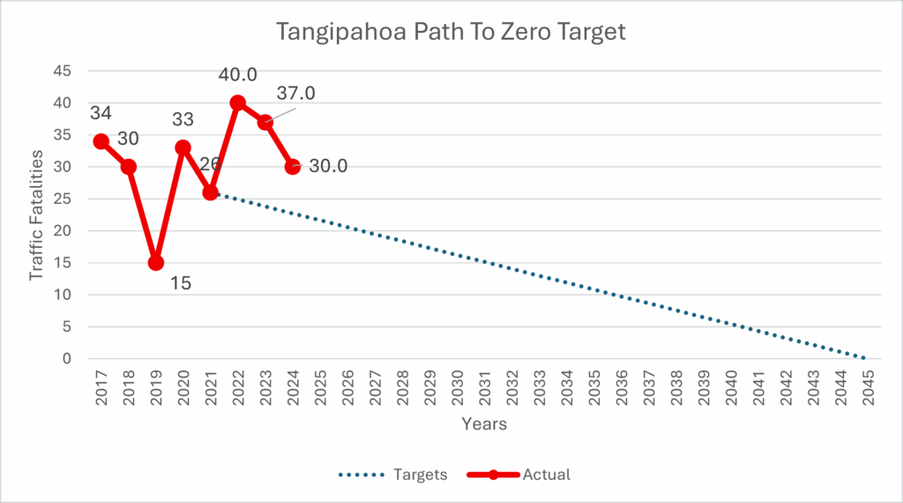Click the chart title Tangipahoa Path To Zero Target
click(x=451, y=33)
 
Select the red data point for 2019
click(x=156, y=263)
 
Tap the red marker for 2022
click(x=238, y=102)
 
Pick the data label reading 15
click(x=180, y=284)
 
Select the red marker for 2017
click(x=101, y=141)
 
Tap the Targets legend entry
click(x=392, y=475)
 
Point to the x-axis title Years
click(x=484, y=424)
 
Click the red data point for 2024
click(x=293, y=167)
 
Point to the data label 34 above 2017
click(x=101, y=114)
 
